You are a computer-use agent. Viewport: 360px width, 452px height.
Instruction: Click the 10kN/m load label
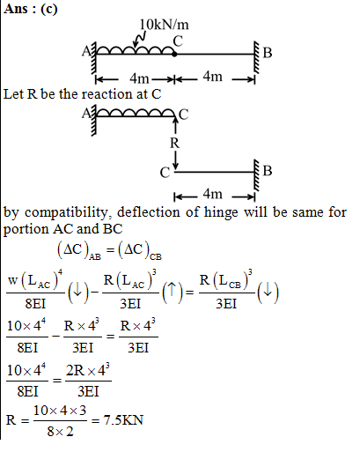(x=164, y=25)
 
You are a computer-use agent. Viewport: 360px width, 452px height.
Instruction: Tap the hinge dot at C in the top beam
(x=174, y=54)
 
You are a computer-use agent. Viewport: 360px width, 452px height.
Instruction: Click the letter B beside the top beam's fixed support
(x=268, y=53)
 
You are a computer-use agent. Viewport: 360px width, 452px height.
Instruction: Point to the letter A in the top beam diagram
(x=86, y=52)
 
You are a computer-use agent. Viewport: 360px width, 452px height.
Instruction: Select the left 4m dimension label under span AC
(x=139, y=78)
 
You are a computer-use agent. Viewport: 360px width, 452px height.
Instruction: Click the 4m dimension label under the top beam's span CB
(x=212, y=77)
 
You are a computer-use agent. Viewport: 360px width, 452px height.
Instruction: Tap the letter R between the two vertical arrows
(x=174, y=144)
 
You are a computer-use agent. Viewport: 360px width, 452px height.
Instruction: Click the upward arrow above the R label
(x=175, y=125)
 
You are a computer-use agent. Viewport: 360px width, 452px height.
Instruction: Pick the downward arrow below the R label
(x=175, y=160)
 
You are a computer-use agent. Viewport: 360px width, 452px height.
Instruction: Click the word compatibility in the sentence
(x=66, y=212)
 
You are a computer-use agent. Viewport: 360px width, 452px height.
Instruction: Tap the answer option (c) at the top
(x=49, y=9)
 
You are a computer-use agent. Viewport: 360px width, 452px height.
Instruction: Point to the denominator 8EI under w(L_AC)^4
(x=35, y=303)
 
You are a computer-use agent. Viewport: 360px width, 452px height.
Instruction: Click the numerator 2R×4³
(x=88, y=370)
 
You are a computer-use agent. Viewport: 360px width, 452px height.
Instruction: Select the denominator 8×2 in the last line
(x=60, y=432)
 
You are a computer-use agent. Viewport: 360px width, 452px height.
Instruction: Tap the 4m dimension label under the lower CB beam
(x=212, y=194)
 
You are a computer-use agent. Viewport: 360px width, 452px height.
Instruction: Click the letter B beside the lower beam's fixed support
(x=268, y=171)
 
